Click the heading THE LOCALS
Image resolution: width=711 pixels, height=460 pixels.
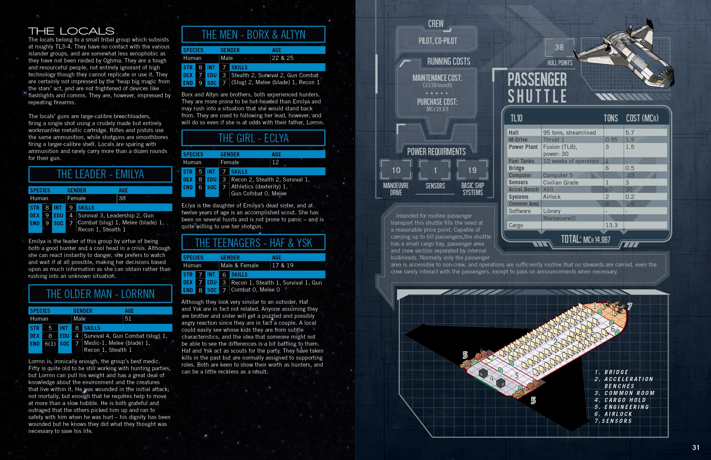point(71,31)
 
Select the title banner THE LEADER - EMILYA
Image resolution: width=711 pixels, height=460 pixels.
point(100,174)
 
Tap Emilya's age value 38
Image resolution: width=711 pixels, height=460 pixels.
point(122,198)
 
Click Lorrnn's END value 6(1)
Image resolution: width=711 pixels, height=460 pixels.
point(50,343)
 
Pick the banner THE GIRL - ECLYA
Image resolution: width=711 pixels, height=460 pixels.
point(253,138)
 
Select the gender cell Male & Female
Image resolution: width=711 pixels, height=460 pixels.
point(239,265)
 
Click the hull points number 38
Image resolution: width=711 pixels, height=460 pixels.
point(559,47)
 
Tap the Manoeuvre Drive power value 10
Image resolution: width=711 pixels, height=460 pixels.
point(396,170)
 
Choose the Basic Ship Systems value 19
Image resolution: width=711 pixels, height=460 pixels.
point(472,170)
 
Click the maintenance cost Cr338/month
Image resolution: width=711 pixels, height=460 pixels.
point(437,85)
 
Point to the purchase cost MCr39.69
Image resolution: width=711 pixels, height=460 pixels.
point(437,109)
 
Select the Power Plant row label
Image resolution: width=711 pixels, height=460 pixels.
point(523,147)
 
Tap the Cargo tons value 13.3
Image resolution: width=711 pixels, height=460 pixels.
point(611,225)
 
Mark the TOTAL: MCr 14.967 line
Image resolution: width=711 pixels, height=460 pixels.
point(586,239)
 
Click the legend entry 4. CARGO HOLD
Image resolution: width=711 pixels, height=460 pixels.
point(620,400)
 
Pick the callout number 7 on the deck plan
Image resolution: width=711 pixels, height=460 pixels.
point(630,306)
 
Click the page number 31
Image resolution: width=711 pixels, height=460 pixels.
point(696,447)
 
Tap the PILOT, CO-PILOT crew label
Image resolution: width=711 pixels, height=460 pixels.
point(438,41)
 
